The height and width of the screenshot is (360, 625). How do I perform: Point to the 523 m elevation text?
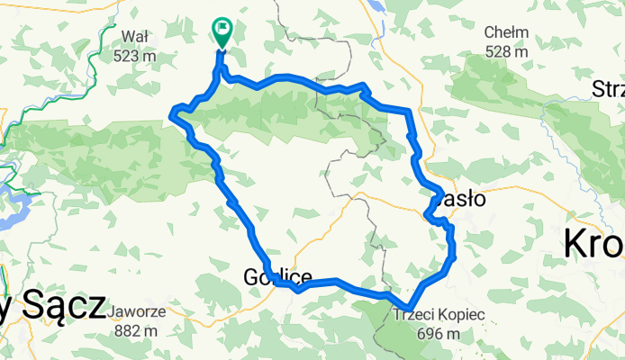[136, 55]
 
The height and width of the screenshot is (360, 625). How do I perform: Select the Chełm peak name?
[505, 32]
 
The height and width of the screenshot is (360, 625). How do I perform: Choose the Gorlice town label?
[277, 277]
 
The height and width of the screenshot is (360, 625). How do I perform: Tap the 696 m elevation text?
[439, 334]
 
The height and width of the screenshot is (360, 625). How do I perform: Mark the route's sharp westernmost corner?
[172, 112]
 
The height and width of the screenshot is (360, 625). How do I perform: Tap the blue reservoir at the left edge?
[13, 205]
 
